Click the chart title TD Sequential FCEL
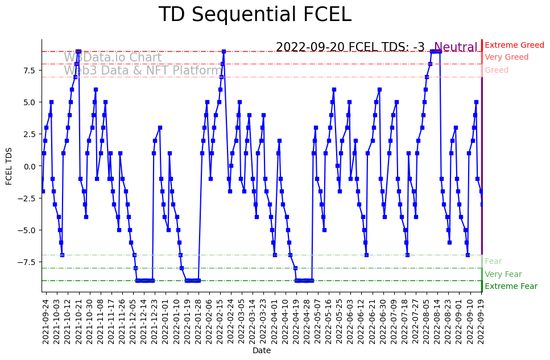point(255,15)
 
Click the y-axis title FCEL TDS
point(9,165)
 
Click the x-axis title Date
point(261,351)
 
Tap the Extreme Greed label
point(514,45)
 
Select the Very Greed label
point(506,57)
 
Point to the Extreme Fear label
point(511,286)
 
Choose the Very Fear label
point(503,274)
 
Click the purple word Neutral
point(456,47)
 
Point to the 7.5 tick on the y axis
point(29,70)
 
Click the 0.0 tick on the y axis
point(29,166)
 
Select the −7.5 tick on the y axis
point(27,262)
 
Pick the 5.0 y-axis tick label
point(29,102)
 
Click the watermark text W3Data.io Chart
point(113,57)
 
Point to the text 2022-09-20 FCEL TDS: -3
point(350,47)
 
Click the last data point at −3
point(482,204)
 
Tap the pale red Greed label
point(497,70)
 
